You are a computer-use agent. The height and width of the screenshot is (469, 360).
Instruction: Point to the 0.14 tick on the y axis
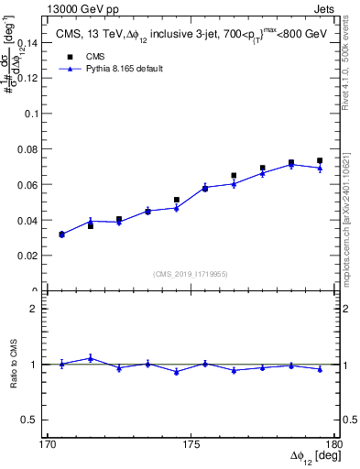[x=30, y=42]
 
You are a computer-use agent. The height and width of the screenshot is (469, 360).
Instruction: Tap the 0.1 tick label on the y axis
[x=35, y=114]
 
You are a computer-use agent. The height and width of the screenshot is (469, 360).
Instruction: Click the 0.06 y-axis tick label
[x=30, y=185]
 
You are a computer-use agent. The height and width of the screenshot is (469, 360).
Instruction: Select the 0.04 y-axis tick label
[x=30, y=221]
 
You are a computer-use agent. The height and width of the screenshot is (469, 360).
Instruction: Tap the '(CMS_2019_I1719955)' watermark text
[x=191, y=273]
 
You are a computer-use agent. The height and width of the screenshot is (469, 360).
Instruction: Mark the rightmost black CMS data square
[x=320, y=161]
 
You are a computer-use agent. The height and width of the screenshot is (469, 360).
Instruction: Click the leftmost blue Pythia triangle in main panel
[x=61, y=234]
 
